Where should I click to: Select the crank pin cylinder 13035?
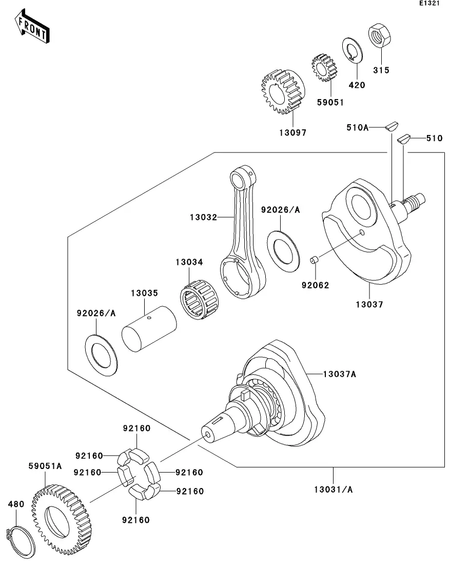[148, 334]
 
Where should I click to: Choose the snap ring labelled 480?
[20, 539]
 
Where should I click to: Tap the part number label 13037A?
[339, 374]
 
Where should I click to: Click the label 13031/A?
[333, 489]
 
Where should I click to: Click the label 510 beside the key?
[434, 138]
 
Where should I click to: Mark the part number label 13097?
[292, 132]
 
